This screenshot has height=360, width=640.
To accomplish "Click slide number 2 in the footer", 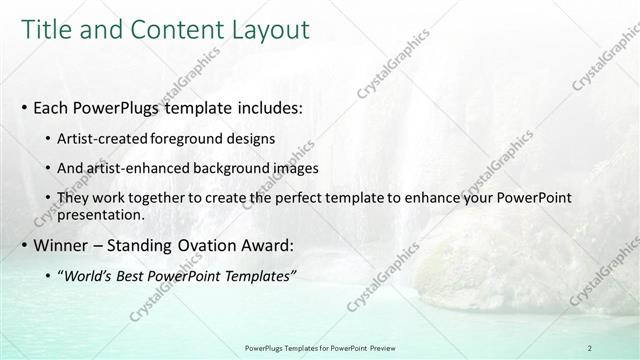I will [590, 348].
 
